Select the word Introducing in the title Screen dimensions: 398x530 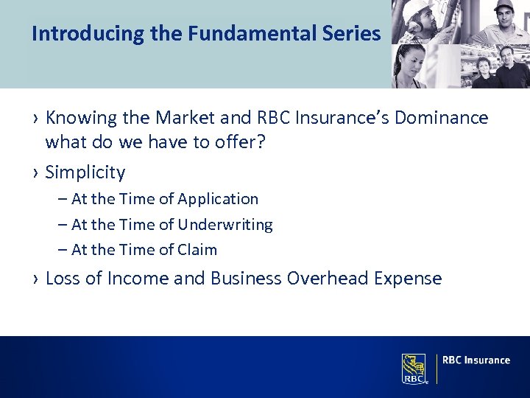71,34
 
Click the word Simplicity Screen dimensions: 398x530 85,172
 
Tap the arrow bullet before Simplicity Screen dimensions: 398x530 35,173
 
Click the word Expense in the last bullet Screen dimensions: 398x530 408,279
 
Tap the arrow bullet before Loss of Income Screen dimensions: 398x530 35,279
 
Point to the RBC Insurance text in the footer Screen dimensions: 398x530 476,360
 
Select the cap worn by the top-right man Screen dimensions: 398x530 503,5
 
